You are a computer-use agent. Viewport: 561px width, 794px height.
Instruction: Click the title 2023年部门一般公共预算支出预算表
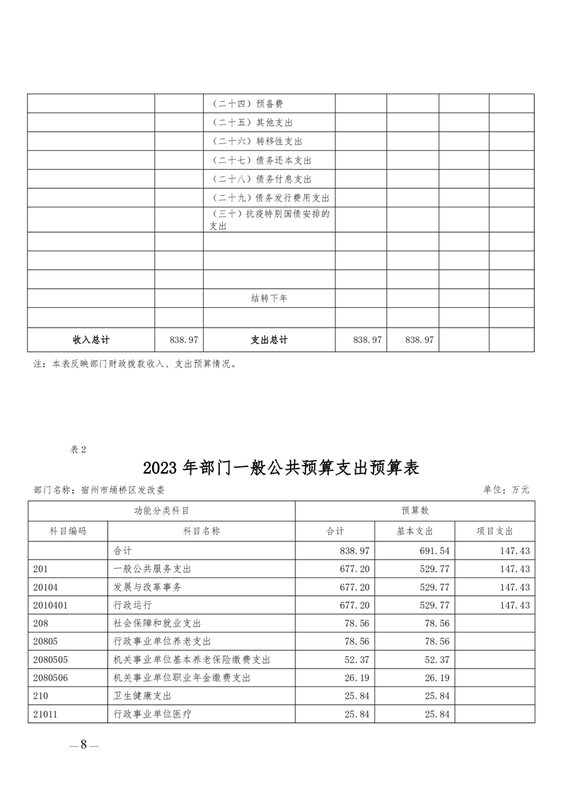pyautogui.click(x=281, y=468)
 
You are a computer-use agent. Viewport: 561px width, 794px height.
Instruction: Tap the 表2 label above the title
pyautogui.click(x=79, y=448)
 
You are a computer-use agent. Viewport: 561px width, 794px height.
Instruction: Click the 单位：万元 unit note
pyautogui.click(x=506, y=489)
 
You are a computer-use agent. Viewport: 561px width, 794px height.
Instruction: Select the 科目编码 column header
pyautogui.click(x=68, y=531)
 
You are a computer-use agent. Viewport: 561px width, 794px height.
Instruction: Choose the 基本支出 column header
pyautogui.click(x=415, y=531)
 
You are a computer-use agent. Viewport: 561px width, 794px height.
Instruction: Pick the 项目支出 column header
pyautogui.click(x=495, y=531)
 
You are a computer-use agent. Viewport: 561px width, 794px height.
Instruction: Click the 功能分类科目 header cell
pyautogui.click(x=161, y=511)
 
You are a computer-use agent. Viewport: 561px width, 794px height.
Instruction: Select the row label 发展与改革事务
pyautogui.click(x=147, y=587)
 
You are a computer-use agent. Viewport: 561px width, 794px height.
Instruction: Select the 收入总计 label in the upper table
pyautogui.click(x=91, y=340)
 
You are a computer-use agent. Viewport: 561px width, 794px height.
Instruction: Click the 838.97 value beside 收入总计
pyautogui.click(x=184, y=340)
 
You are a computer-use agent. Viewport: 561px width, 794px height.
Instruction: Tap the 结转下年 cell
pyautogui.click(x=269, y=299)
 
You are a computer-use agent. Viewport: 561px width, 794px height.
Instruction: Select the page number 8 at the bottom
pyautogui.click(x=83, y=744)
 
